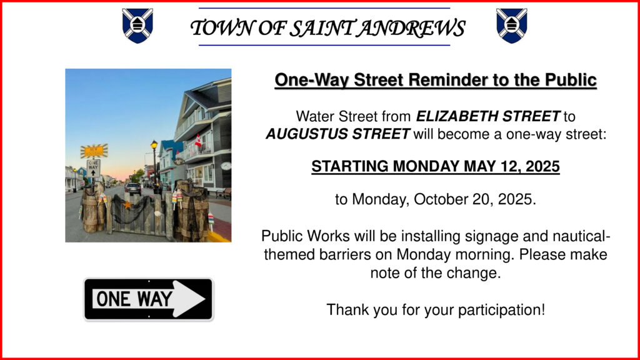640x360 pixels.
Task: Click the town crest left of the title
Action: click(137, 26)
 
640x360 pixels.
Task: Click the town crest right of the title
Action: click(512, 26)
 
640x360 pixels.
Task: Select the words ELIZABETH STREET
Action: click(488, 116)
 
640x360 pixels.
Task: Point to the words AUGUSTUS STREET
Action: click(338, 134)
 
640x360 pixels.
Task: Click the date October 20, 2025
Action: click(475, 199)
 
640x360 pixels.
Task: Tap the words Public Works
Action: click(306, 236)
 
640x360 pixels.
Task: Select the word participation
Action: click(501, 310)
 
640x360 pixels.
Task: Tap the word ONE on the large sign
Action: click(114, 299)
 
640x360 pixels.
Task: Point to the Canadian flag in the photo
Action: click(198, 141)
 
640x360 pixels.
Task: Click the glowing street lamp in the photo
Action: click(154, 145)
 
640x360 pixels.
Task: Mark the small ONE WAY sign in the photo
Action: click(94, 167)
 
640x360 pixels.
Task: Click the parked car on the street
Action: click(132, 189)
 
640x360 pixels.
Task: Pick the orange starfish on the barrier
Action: click(127, 204)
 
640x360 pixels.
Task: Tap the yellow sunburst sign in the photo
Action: click(94, 151)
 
